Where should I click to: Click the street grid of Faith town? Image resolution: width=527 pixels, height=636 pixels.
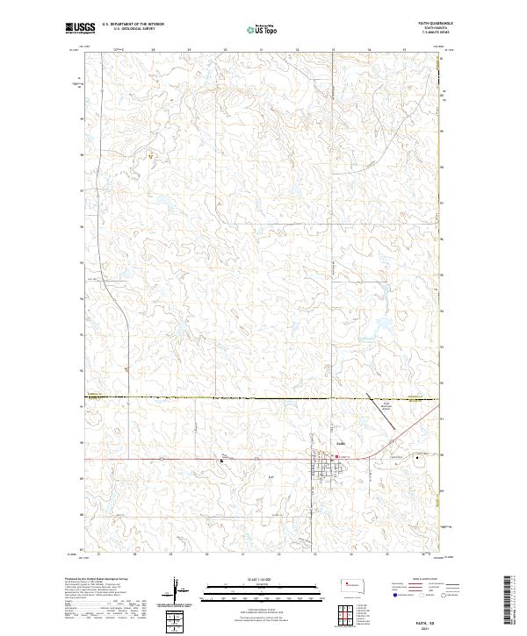coord(322,469)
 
